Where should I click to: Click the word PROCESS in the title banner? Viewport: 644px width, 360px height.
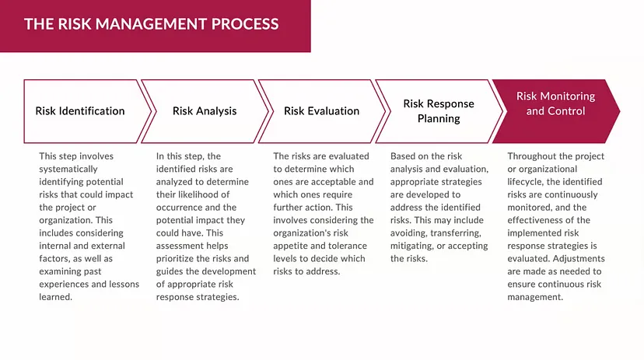[245, 24]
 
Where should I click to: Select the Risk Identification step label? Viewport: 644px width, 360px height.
[80, 111]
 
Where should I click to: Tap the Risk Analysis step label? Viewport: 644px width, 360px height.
[205, 111]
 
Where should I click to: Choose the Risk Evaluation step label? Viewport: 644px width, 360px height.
[321, 111]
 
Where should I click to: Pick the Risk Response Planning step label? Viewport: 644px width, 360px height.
[439, 111]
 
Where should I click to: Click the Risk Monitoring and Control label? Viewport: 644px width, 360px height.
[555, 103]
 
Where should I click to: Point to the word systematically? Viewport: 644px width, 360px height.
[68, 170]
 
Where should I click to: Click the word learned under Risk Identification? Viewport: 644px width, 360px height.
[55, 297]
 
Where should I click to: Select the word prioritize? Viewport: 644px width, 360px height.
[177, 259]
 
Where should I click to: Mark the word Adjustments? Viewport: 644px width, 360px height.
[579, 259]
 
